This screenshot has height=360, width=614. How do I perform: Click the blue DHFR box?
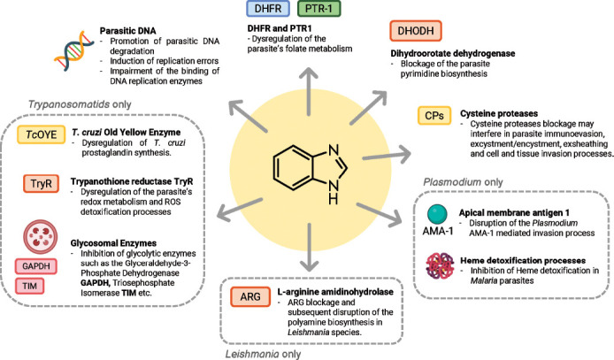271,11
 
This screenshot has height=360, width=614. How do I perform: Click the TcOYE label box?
37,134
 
